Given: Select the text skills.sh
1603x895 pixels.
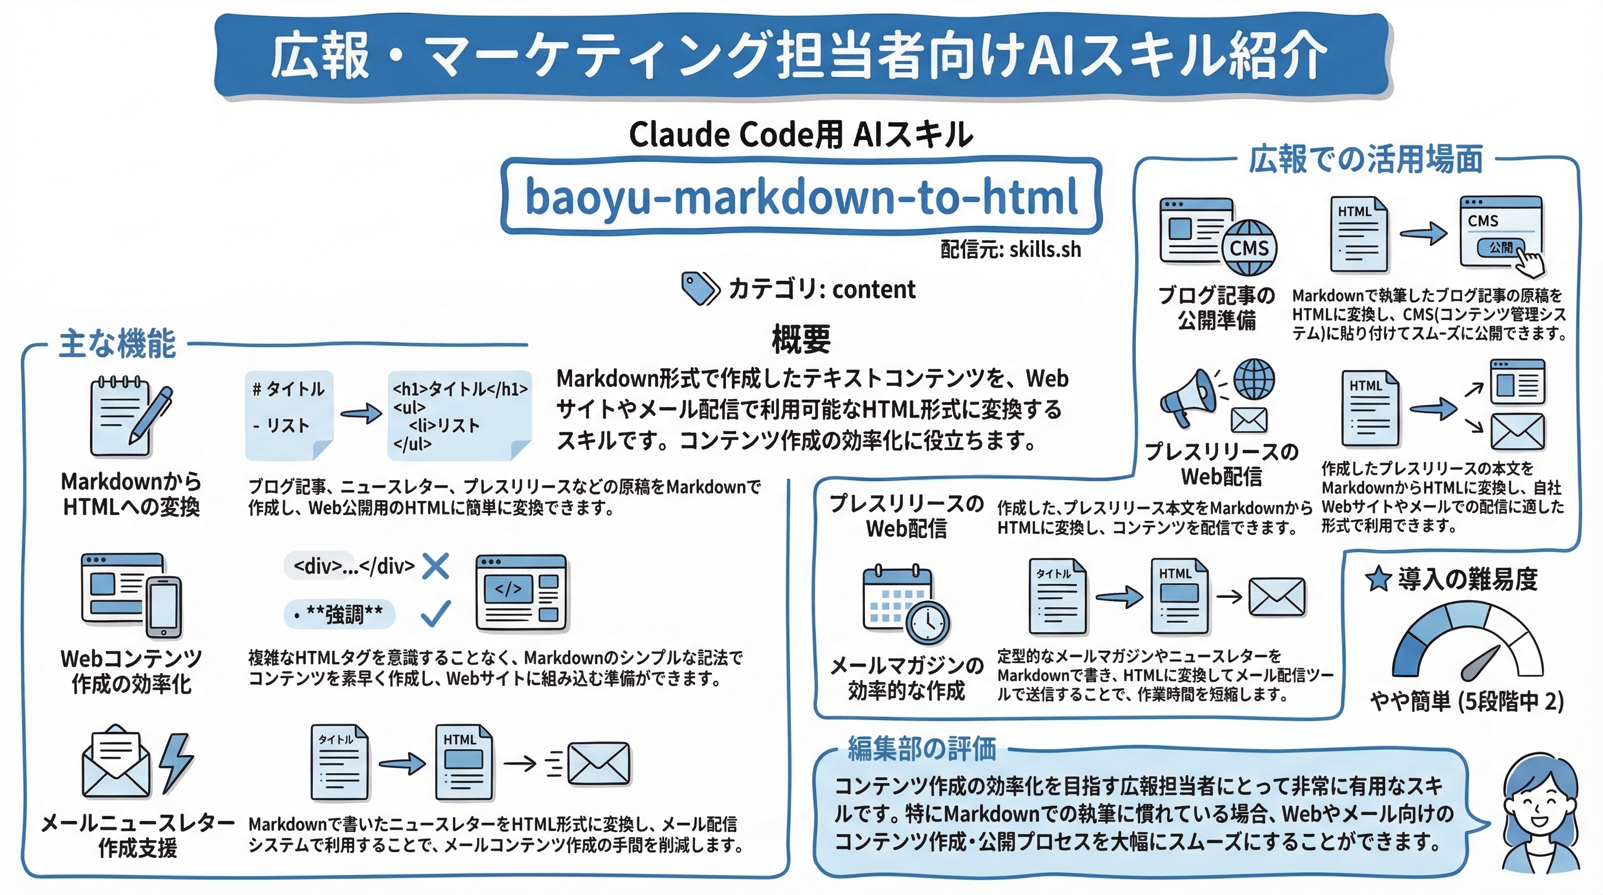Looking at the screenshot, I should [x=1045, y=249].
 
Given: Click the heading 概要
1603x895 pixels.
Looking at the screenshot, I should [x=801, y=339].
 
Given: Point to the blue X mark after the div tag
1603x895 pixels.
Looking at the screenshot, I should [x=436, y=566].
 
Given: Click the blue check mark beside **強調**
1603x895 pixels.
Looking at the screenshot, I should [x=436, y=613].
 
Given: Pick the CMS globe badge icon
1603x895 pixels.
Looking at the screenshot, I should [x=1249, y=248].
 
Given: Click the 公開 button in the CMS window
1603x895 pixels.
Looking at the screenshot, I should [x=1500, y=248].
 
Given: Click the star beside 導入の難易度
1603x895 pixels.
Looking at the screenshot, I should [x=1378, y=579].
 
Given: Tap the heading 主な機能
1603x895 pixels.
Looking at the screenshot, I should [x=117, y=344].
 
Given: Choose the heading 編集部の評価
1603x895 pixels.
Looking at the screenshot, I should [x=921, y=749].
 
